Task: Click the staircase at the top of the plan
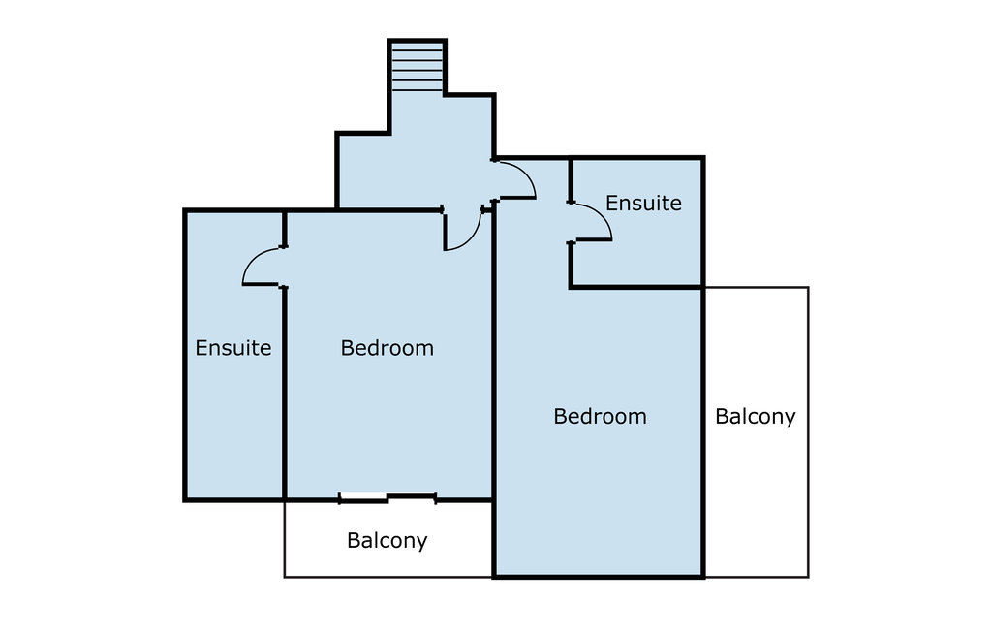[x=417, y=67]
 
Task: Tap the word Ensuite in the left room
[x=232, y=348]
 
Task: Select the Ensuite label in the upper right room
[x=643, y=203]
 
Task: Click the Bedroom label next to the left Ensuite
[x=387, y=348]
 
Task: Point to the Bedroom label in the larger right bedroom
[x=600, y=416]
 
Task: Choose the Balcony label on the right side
[x=756, y=417]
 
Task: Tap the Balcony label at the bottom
[x=387, y=541]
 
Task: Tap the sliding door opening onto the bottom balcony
[x=387, y=498]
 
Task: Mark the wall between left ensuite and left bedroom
[x=285, y=393]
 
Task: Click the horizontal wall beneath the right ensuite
[x=635, y=288]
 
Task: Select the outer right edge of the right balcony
[x=808, y=432]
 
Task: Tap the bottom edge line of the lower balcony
[x=387, y=577]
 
